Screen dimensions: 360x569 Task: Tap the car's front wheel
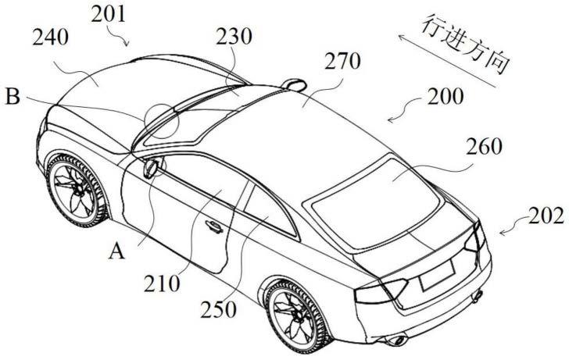pos(76,187)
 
